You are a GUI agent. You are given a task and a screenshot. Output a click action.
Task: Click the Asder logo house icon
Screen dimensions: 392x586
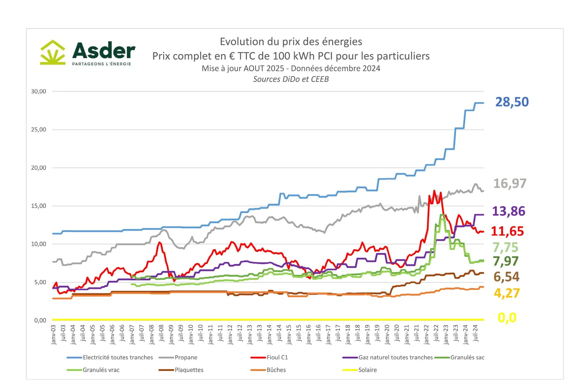click(x=53, y=52)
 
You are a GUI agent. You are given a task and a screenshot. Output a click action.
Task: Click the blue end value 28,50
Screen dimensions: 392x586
click(x=512, y=102)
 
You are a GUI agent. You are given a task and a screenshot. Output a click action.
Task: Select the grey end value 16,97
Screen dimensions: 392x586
click(x=510, y=184)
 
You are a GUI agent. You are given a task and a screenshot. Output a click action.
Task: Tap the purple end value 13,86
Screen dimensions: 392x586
click(x=509, y=211)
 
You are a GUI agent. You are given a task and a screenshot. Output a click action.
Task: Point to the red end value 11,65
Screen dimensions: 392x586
click(x=507, y=231)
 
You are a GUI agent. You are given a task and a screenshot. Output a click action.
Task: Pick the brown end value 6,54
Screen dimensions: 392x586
click(x=506, y=277)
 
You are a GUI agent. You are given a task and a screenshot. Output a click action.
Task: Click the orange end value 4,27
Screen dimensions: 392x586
click(x=507, y=293)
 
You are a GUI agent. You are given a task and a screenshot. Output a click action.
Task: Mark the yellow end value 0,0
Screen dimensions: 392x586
click(x=507, y=318)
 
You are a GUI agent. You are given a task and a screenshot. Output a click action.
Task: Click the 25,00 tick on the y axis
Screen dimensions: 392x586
click(x=39, y=129)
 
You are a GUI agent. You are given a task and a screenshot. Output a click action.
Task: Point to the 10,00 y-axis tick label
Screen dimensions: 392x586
click(x=39, y=244)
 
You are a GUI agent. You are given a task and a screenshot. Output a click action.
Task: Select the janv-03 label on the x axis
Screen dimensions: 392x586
click(x=54, y=335)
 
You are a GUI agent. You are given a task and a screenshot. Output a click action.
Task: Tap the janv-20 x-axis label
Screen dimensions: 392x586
click(x=387, y=335)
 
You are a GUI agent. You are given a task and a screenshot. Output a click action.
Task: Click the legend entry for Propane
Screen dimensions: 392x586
click(x=186, y=357)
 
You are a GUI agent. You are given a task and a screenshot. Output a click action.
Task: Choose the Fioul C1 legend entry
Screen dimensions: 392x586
click(x=277, y=357)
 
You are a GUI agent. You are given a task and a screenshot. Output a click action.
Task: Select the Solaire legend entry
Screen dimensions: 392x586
click(x=367, y=370)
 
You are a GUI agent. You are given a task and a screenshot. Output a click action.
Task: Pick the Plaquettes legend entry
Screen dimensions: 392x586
click(x=189, y=370)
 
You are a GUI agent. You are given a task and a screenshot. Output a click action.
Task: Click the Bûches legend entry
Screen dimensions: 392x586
click(x=276, y=370)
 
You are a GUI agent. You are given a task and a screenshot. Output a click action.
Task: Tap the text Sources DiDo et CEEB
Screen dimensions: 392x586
click(x=291, y=79)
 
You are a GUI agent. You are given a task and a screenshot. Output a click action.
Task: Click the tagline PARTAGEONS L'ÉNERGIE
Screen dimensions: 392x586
click(x=101, y=64)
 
